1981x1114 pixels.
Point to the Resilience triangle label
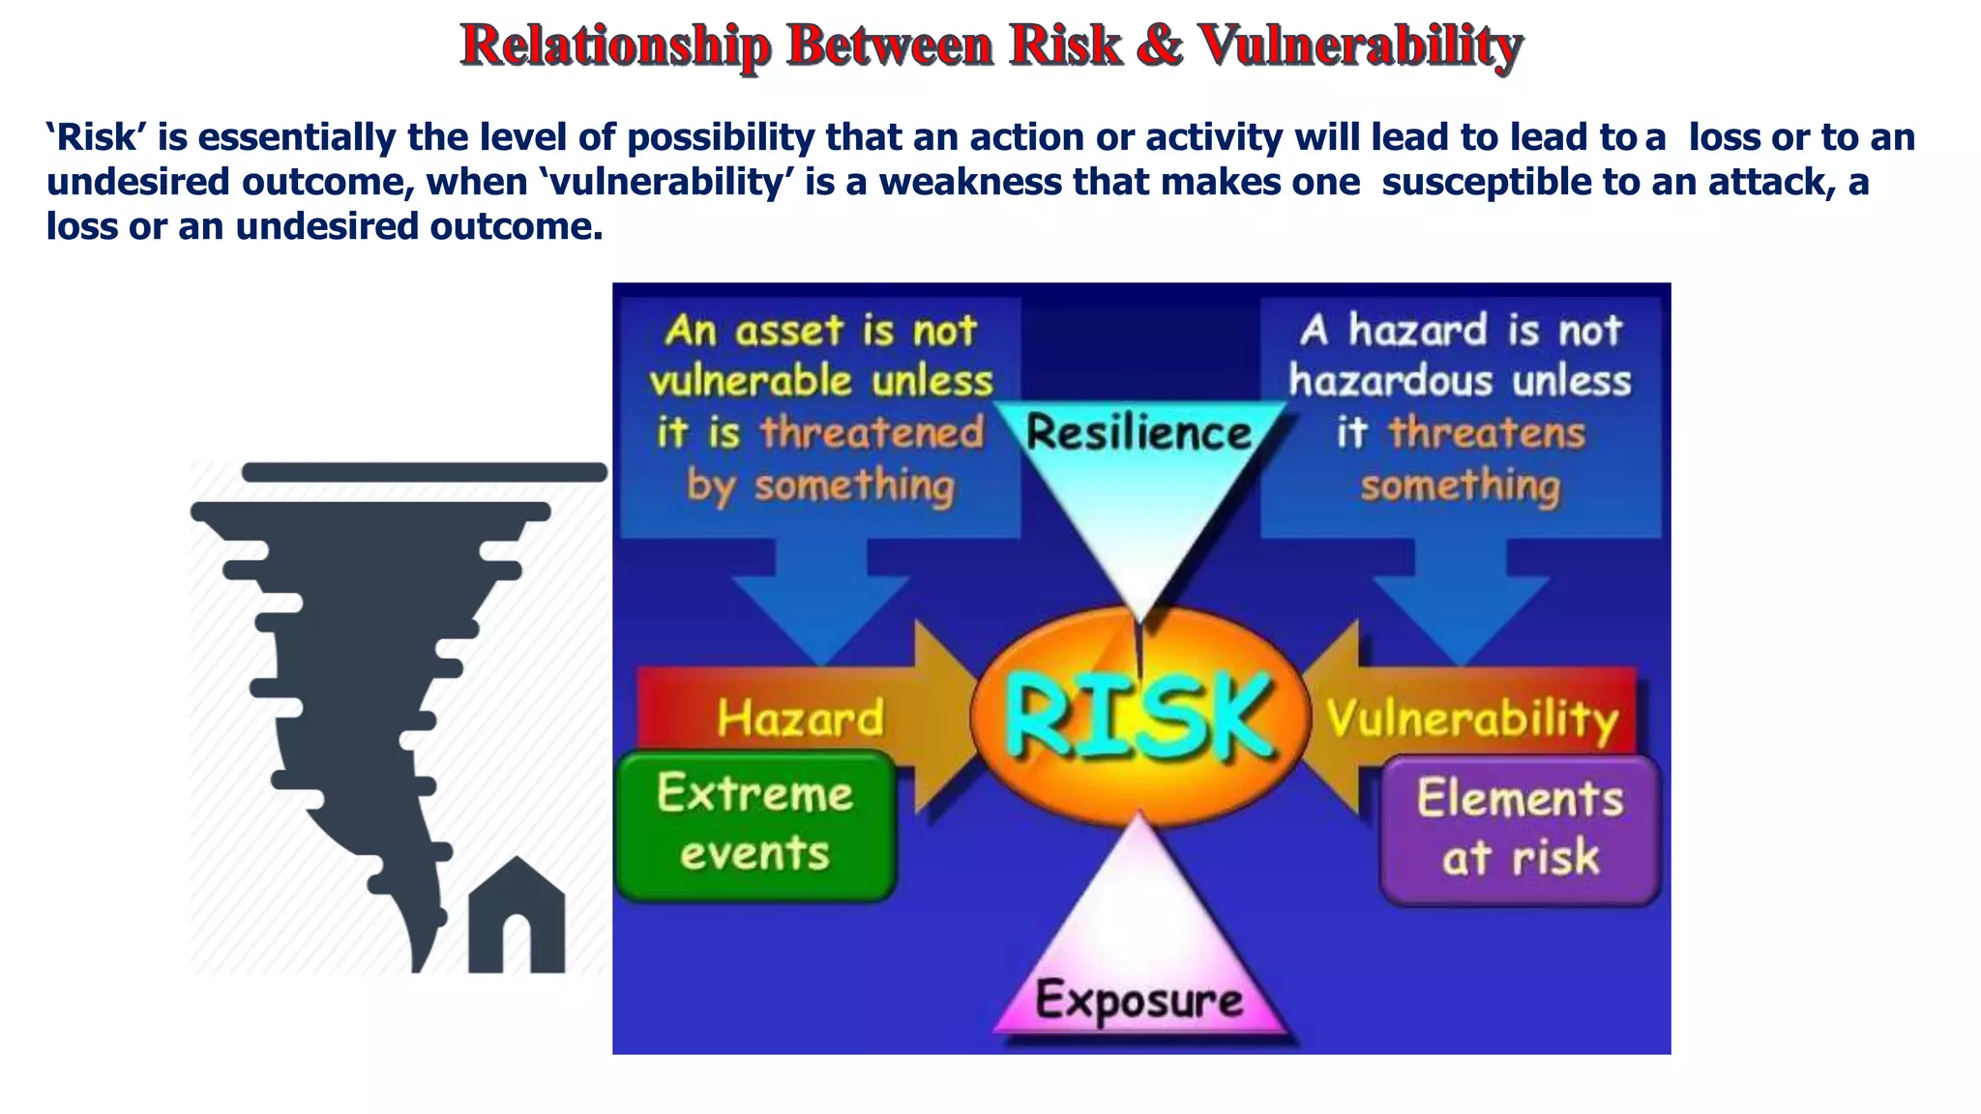[x=1139, y=432]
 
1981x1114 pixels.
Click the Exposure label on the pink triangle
[x=1139, y=999]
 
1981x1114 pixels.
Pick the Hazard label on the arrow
[x=801, y=718]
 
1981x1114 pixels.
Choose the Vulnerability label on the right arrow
[x=1471, y=718]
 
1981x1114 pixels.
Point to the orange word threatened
[x=872, y=432]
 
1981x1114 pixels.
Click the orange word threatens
[x=1487, y=432]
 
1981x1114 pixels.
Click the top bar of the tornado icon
[x=424, y=472]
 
